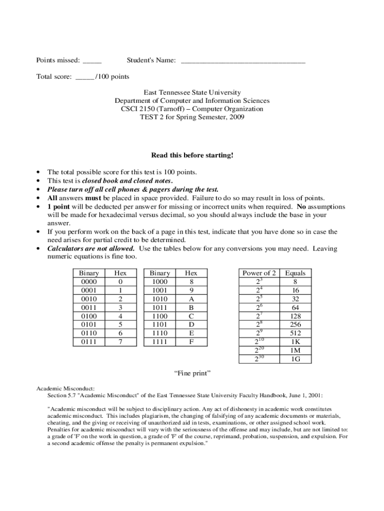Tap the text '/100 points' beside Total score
pyautogui.click(x=112, y=77)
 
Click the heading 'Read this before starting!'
pyautogui.click(x=192, y=155)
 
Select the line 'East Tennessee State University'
pyautogui.click(x=192, y=93)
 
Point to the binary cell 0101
pyautogui.click(x=89, y=324)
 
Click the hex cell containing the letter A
pyautogui.click(x=191, y=299)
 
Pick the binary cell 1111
pyautogui.click(x=160, y=341)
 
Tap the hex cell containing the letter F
pyautogui.click(x=191, y=341)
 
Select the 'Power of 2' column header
pyautogui.click(x=259, y=273)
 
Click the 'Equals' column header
pyautogui.click(x=295, y=273)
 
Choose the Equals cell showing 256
pyautogui.click(x=295, y=324)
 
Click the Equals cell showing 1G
pyautogui.click(x=295, y=358)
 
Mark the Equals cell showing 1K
pyautogui.click(x=295, y=341)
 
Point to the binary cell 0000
pyautogui.click(x=89, y=282)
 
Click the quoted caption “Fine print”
pyautogui.click(x=192, y=373)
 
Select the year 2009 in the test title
pyautogui.click(x=237, y=117)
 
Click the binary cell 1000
pyautogui.click(x=160, y=282)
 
